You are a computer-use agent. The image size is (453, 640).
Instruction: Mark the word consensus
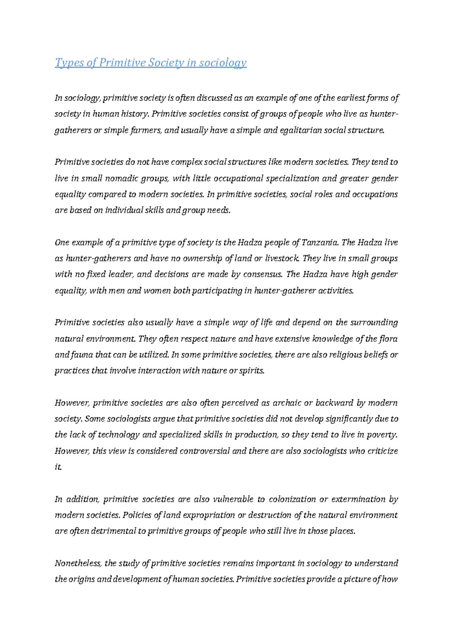pos(262,274)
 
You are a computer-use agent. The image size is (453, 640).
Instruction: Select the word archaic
pos(287,403)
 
